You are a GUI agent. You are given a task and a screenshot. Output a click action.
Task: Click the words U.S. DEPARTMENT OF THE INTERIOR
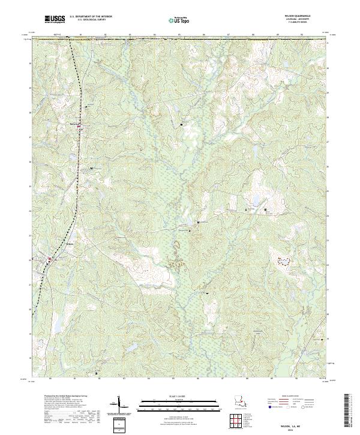[x=91, y=17]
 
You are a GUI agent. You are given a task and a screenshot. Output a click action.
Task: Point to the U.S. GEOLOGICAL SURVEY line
[x=91, y=20]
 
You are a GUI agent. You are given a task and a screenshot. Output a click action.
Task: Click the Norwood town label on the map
[x=75, y=124]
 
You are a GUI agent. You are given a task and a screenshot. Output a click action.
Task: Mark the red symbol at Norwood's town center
[x=82, y=125]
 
